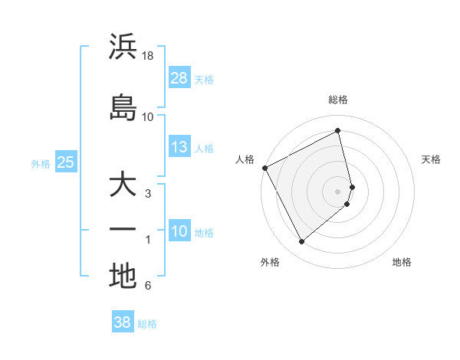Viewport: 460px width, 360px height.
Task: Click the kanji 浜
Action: (123, 47)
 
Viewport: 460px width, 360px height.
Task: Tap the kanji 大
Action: (123, 185)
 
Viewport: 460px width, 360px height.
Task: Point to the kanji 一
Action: (123, 229)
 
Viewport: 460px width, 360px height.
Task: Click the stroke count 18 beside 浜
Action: (148, 57)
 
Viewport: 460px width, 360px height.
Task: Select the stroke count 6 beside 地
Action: (148, 286)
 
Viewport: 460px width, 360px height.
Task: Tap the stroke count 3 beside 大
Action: (148, 194)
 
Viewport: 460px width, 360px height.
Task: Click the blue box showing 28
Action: (179, 77)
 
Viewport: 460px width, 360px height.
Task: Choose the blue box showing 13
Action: (179, 147)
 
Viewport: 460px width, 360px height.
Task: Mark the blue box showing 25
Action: (65, 162)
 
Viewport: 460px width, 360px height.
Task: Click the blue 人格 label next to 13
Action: (204, 148)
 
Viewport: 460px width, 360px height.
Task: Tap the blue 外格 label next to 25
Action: (41, 162)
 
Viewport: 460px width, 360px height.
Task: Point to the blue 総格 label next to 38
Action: (147, 323)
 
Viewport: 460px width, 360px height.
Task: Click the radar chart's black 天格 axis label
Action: (431, 159)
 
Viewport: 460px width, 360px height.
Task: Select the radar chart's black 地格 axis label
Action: (402, 262)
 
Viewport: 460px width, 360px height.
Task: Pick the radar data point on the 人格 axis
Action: (264, 168)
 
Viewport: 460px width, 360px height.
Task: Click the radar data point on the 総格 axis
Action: (338, 131)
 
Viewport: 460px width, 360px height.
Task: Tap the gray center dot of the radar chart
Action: (338, 191)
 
